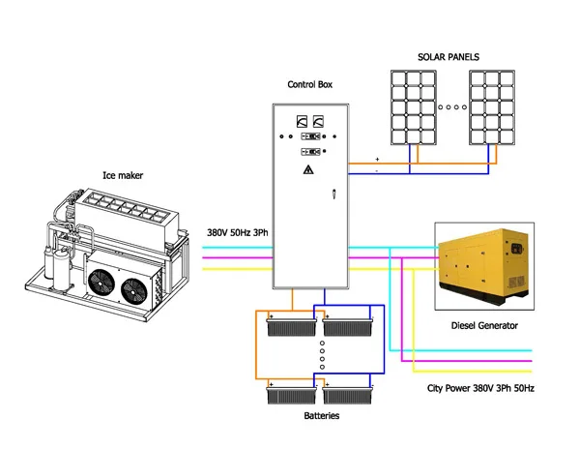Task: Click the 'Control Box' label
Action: point(309,84)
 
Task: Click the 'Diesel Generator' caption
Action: point(484,325)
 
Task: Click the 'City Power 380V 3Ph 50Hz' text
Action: point(480,387)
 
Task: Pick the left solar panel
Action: point(413,105)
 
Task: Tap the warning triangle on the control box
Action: point(307,170)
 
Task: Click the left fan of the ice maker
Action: point(101,283)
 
